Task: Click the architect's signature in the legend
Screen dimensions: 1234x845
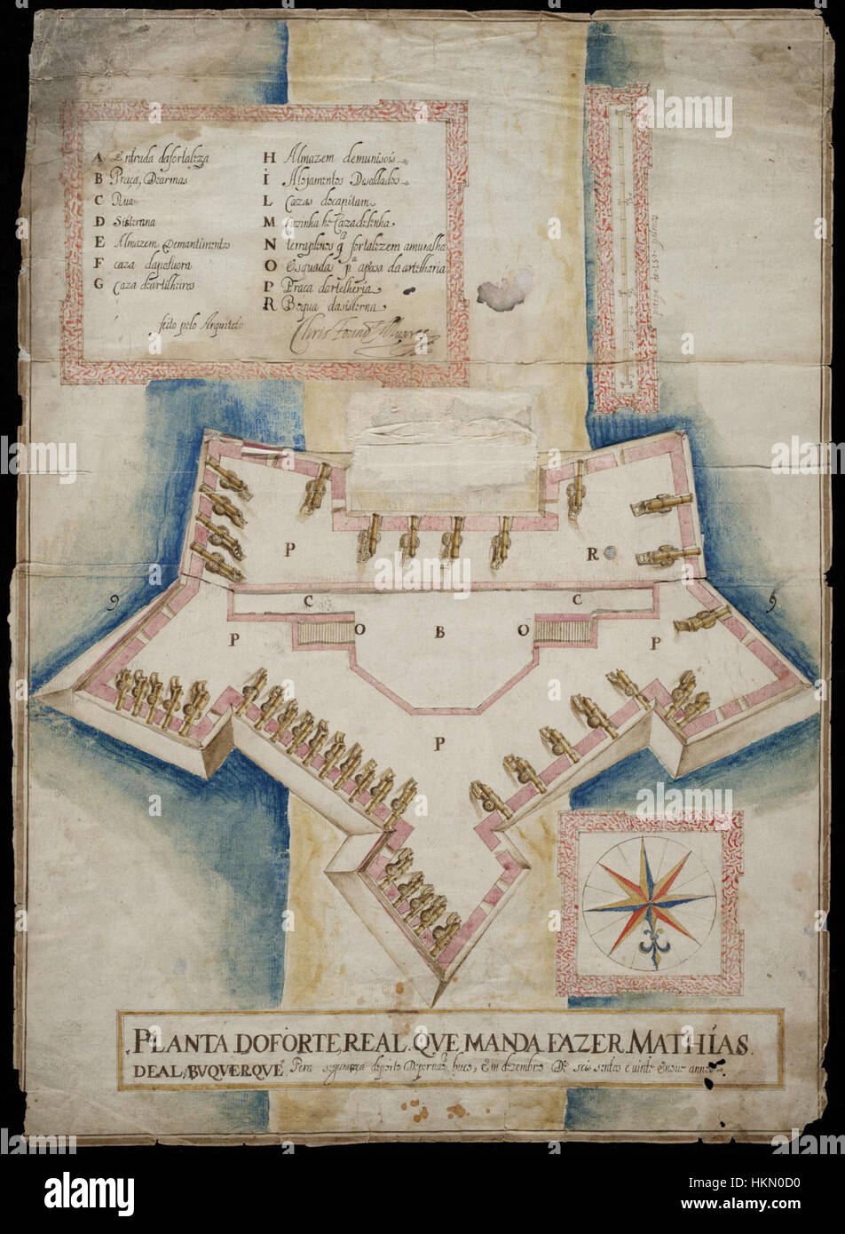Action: tap(355, 336)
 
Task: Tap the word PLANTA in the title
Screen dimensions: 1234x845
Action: tap(169, 1040)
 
